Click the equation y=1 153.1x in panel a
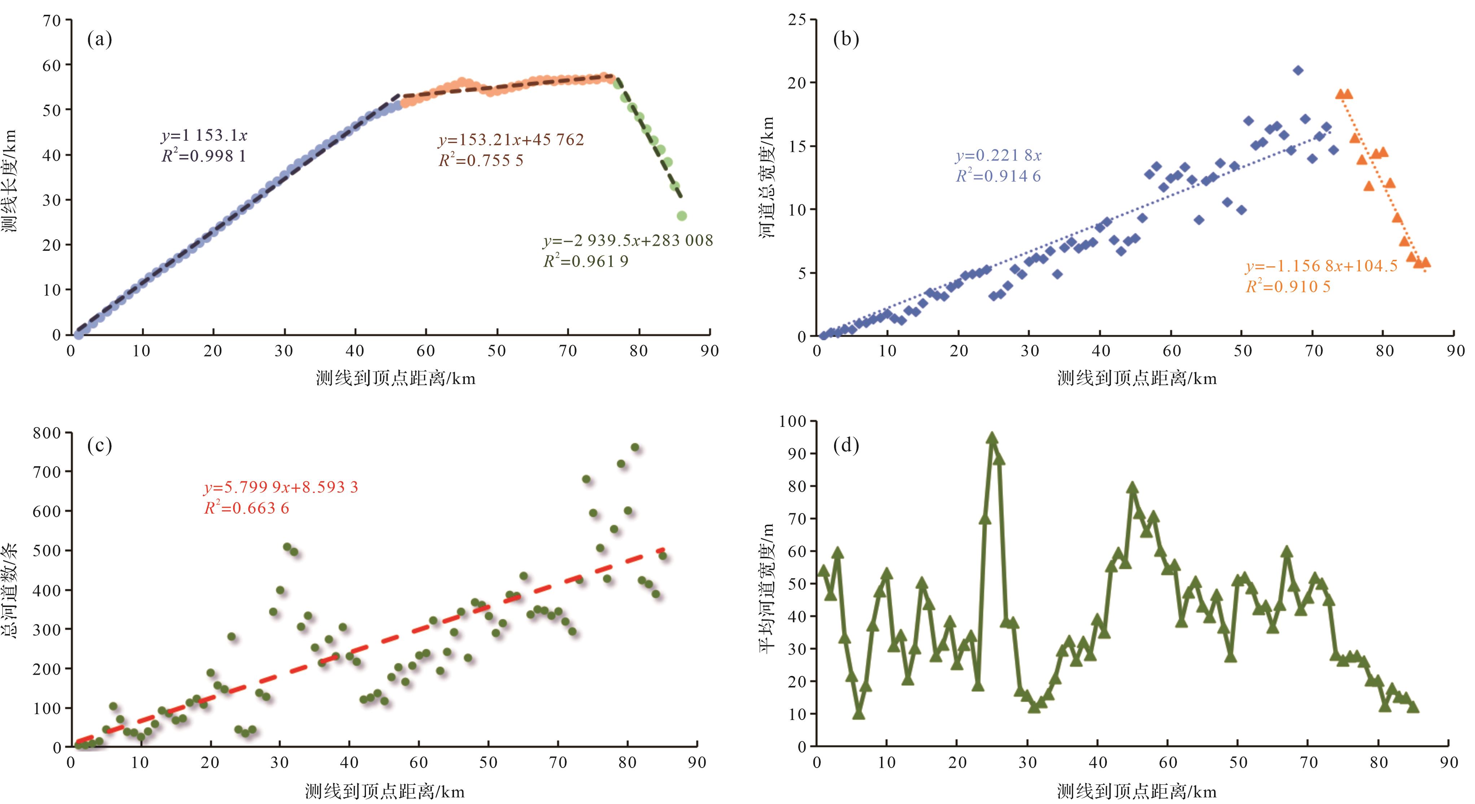click(204, 136)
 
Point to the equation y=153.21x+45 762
click(511, 140)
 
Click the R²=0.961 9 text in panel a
click(586, 262)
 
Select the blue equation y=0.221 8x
click(998, 155)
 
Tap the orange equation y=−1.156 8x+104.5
click(1321, 266)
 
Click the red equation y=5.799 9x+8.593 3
click(280, 487)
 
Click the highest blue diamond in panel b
click(1298, 70)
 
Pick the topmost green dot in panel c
click(634, 447)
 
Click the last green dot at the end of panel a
click(681, 216)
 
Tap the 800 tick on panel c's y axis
click(47, 433)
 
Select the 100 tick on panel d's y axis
click(793, 421)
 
